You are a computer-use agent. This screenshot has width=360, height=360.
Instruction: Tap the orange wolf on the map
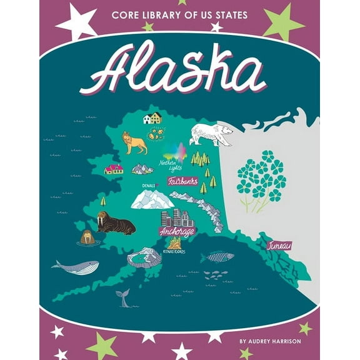(x=134, y=142)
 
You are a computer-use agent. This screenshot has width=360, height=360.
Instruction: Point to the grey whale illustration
(x=75, y=266)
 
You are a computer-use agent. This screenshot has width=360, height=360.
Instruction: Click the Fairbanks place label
(x=182, y=181)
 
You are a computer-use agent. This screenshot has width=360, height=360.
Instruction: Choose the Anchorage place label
(x=177, y=231)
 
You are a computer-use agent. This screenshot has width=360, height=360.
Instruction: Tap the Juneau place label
(x=279, y=246)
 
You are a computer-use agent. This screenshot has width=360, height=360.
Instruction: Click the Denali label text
(x=149, y=186)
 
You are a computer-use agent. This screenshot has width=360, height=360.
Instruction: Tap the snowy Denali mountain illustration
(x=152, y=199)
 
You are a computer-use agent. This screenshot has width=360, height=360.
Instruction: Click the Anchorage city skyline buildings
(x=177, y=217)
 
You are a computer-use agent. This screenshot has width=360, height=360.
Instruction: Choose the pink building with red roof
(x=114, y=169)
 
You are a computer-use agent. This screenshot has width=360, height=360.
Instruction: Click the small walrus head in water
(x=87, y=237)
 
